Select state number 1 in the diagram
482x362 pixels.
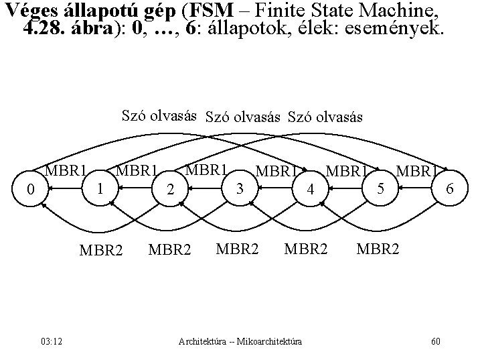point(99,188)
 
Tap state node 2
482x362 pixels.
point(172,190)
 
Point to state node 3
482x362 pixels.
point(240,188)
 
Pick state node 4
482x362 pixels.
point(310,190)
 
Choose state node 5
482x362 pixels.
point(380,188)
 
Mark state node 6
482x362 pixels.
point(451,190)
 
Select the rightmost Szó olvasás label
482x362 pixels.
point(325,117)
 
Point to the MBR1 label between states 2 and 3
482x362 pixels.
point(208,169)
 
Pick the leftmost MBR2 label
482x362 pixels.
point(101,251)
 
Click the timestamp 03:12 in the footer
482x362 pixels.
point(51,342)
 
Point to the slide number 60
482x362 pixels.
point(436,342)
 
